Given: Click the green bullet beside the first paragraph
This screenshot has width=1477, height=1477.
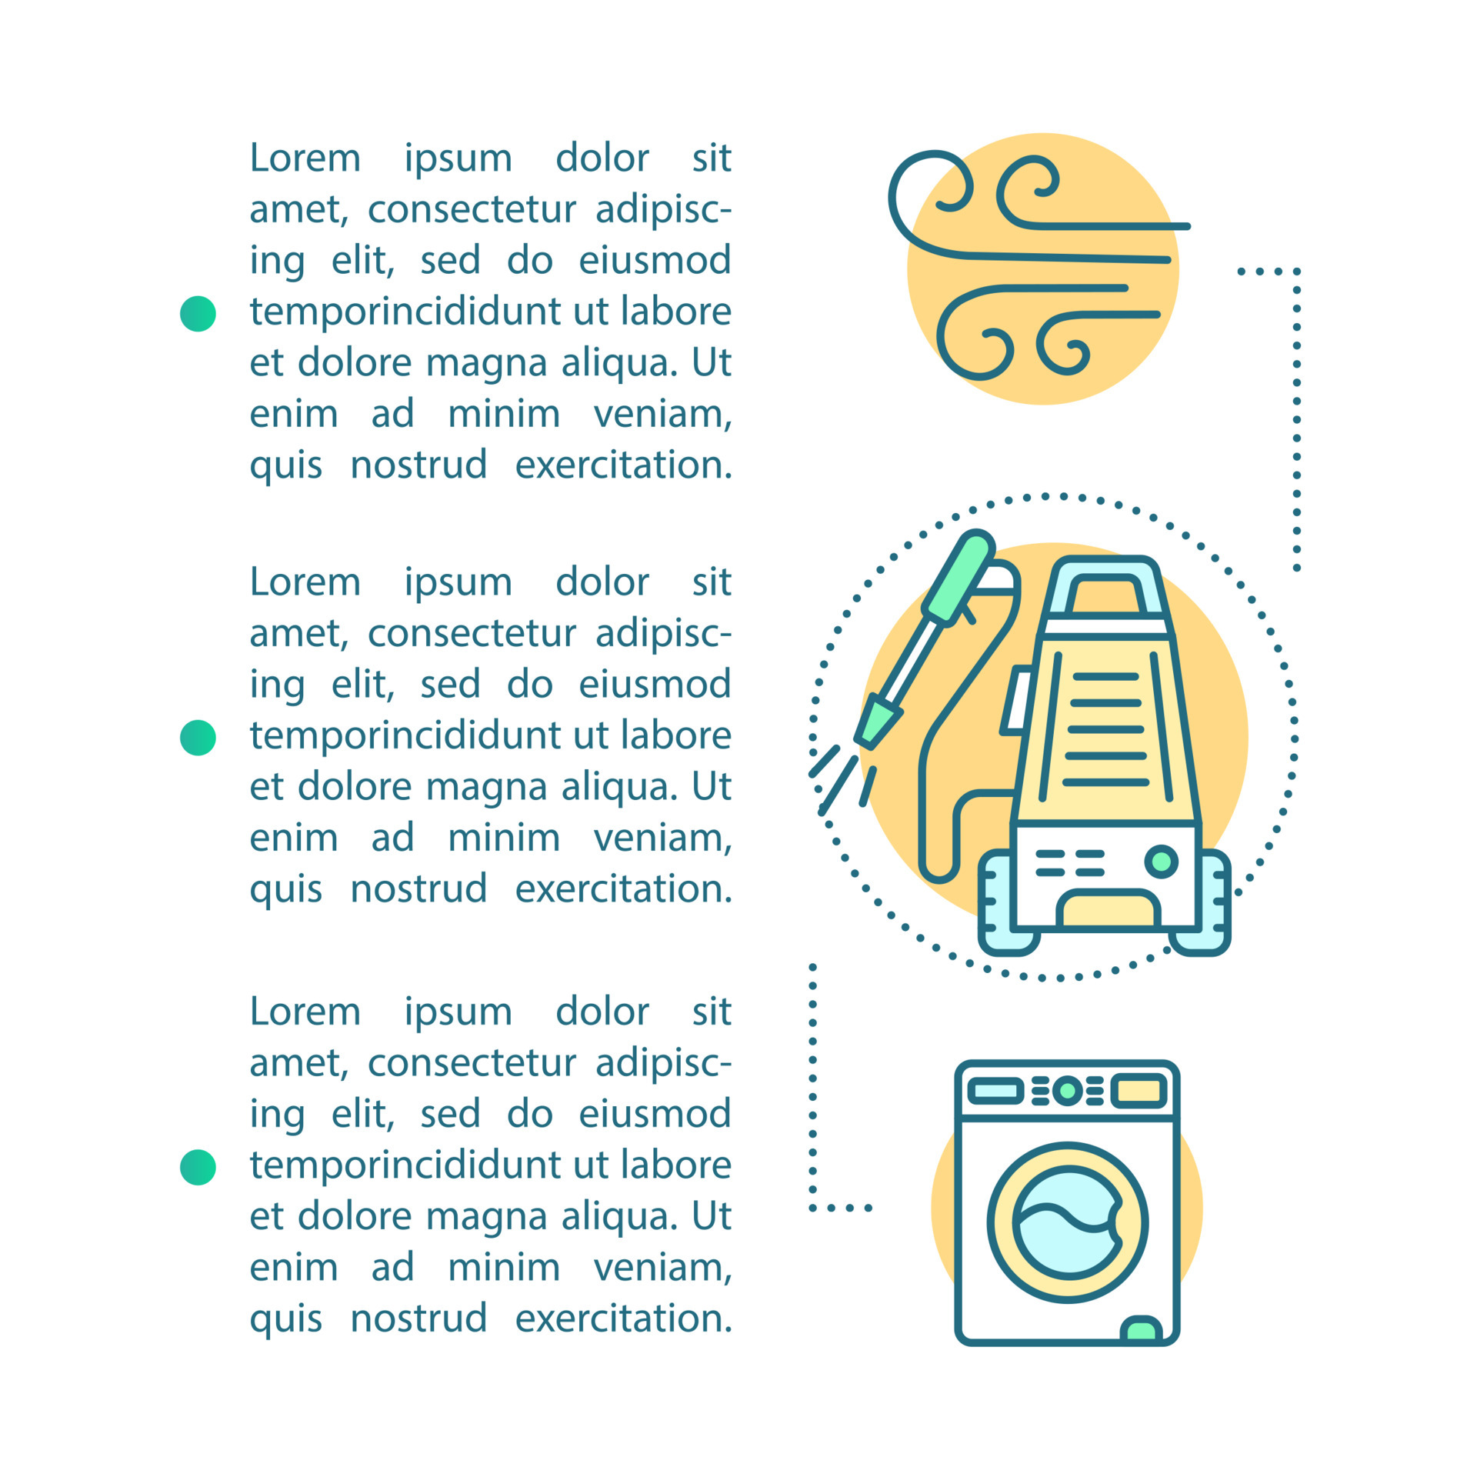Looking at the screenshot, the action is click(198, 314).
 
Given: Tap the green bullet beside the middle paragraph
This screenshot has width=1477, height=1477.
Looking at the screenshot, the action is click(198, 738).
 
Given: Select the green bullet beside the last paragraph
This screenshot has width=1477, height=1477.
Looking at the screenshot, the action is click(198, 1167).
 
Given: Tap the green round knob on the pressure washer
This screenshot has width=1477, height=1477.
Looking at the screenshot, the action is click(1161, 861).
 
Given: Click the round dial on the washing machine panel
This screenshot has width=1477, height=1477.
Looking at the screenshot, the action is click(1067, 1090).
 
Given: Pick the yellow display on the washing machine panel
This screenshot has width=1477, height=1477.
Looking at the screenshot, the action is click(1139, 1090).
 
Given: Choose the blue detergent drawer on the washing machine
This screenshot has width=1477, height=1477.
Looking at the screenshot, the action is click(995, 1091).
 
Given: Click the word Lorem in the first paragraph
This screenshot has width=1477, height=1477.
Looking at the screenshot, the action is click(305, 158).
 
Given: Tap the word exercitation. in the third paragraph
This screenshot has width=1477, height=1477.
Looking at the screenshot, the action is click(623, 1319).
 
